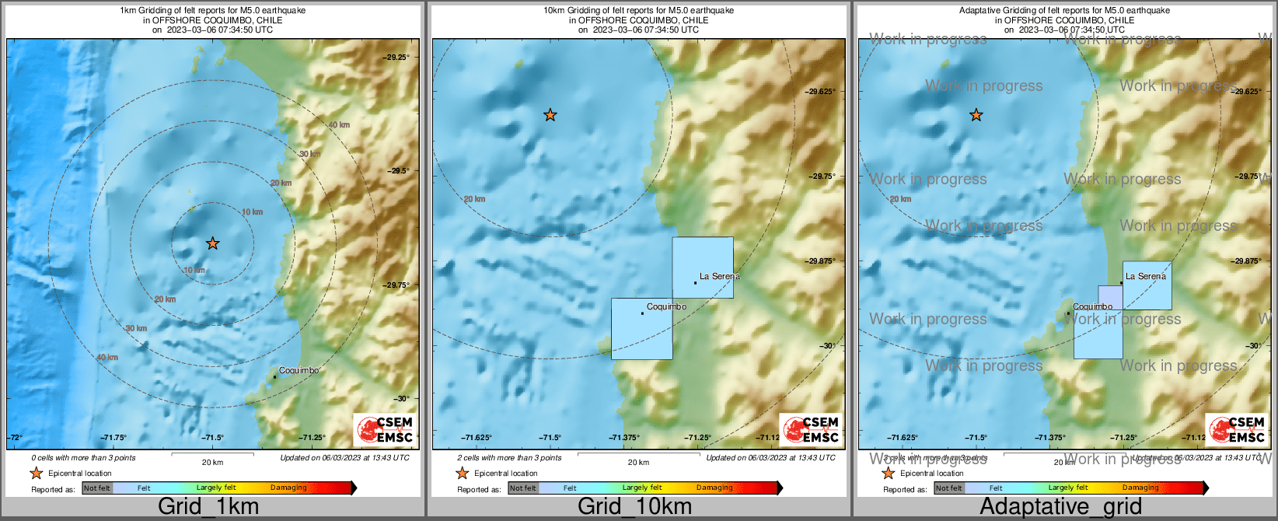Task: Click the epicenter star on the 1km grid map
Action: coord(213,243)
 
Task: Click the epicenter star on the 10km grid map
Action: coord(550,115)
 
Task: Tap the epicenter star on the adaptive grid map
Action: coord(976,115)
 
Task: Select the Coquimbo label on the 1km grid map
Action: coord(299,371)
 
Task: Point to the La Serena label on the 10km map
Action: coord(720,276)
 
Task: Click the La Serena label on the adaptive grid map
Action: coord(1146,276)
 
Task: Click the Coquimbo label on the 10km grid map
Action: coord(666,307)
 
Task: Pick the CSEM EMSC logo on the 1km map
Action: coord(385,429)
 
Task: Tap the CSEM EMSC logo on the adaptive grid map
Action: coord(1237,429)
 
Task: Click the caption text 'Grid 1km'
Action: coord(208,507)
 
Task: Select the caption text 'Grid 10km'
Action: coord(634,507)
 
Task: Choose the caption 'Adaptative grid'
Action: coord(1060,507)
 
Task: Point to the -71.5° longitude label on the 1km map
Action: coord(213,438)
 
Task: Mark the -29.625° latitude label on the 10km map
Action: coord(821,91)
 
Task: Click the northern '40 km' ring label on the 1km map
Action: coord(338,125)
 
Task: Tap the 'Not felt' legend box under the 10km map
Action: coord(523,488)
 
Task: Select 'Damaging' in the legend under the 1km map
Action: coord(288,488)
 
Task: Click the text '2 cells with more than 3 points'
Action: coord(509,458)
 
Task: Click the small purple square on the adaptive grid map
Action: coord(1110,298)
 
